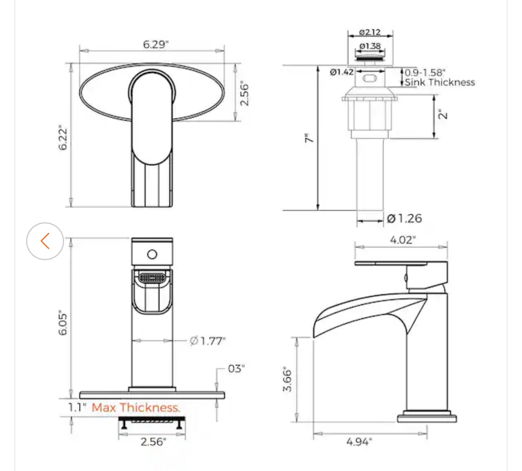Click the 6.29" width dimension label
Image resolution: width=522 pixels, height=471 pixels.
pyautogui.click(x=155, y=44)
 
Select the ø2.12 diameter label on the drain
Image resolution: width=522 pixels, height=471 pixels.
pyautogui.click(x=370, y=32)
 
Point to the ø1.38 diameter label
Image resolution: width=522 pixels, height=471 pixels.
pyautogui.click(x=370, y=46)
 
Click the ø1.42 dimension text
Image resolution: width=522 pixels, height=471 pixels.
pyautogui.click(x=341, y=72)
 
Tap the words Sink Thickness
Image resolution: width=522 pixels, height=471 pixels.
pyautogui.click(x=439, y=83)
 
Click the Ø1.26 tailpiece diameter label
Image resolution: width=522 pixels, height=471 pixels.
pyautogui.click(x=404, y=218)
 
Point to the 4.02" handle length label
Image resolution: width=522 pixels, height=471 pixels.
pyautogui.click(x=403, y=240)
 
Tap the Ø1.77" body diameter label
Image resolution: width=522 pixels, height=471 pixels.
pyautogui.click(x=207, y=341)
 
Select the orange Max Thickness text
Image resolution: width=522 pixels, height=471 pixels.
pyautogui.click(x=136, y=407)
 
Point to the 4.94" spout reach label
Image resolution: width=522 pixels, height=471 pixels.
pyautogui.click(x=359, y=442)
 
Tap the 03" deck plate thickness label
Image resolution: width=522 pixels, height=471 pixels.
pyautogui.click(x=236, y=369)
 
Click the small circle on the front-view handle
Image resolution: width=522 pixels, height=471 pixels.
pyautogui.click(x=152, y=255)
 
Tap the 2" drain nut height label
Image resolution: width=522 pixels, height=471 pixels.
pyautogui.click(x=443, y=115)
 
